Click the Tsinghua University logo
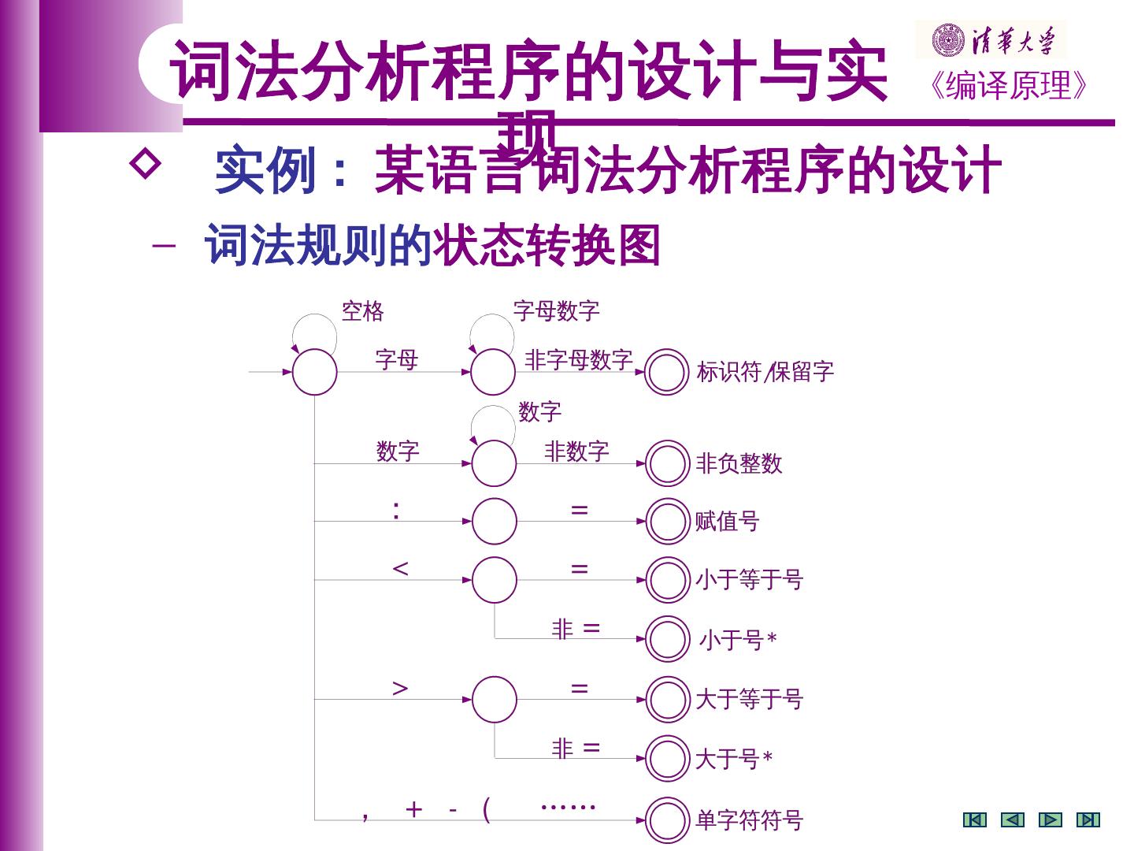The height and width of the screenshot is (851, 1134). (991, 39)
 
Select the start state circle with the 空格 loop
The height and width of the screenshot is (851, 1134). (314, 372)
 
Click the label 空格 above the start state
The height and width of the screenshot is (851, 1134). (362, 311)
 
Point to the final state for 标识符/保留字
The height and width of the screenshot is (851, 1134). (667, 372)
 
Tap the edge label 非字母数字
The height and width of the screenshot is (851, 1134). (578, 360)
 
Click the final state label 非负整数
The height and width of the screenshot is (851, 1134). (739, 463)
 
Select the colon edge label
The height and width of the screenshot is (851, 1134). (396, 511)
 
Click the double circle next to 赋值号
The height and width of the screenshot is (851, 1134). (667, 522)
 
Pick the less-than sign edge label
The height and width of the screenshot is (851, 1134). (400, 569)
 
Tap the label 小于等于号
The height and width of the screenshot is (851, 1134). (749, 580)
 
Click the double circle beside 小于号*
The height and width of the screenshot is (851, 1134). (667, 639)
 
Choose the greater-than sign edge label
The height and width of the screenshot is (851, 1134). (400, 689)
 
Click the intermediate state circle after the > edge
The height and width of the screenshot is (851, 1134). (495, 699)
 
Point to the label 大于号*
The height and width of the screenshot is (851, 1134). (733, 760)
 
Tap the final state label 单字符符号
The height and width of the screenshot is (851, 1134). (749, 820)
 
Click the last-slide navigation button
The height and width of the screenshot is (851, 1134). (1088, 819)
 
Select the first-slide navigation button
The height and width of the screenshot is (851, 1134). (974, 819)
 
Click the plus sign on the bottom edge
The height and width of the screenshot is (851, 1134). (414, 809)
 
